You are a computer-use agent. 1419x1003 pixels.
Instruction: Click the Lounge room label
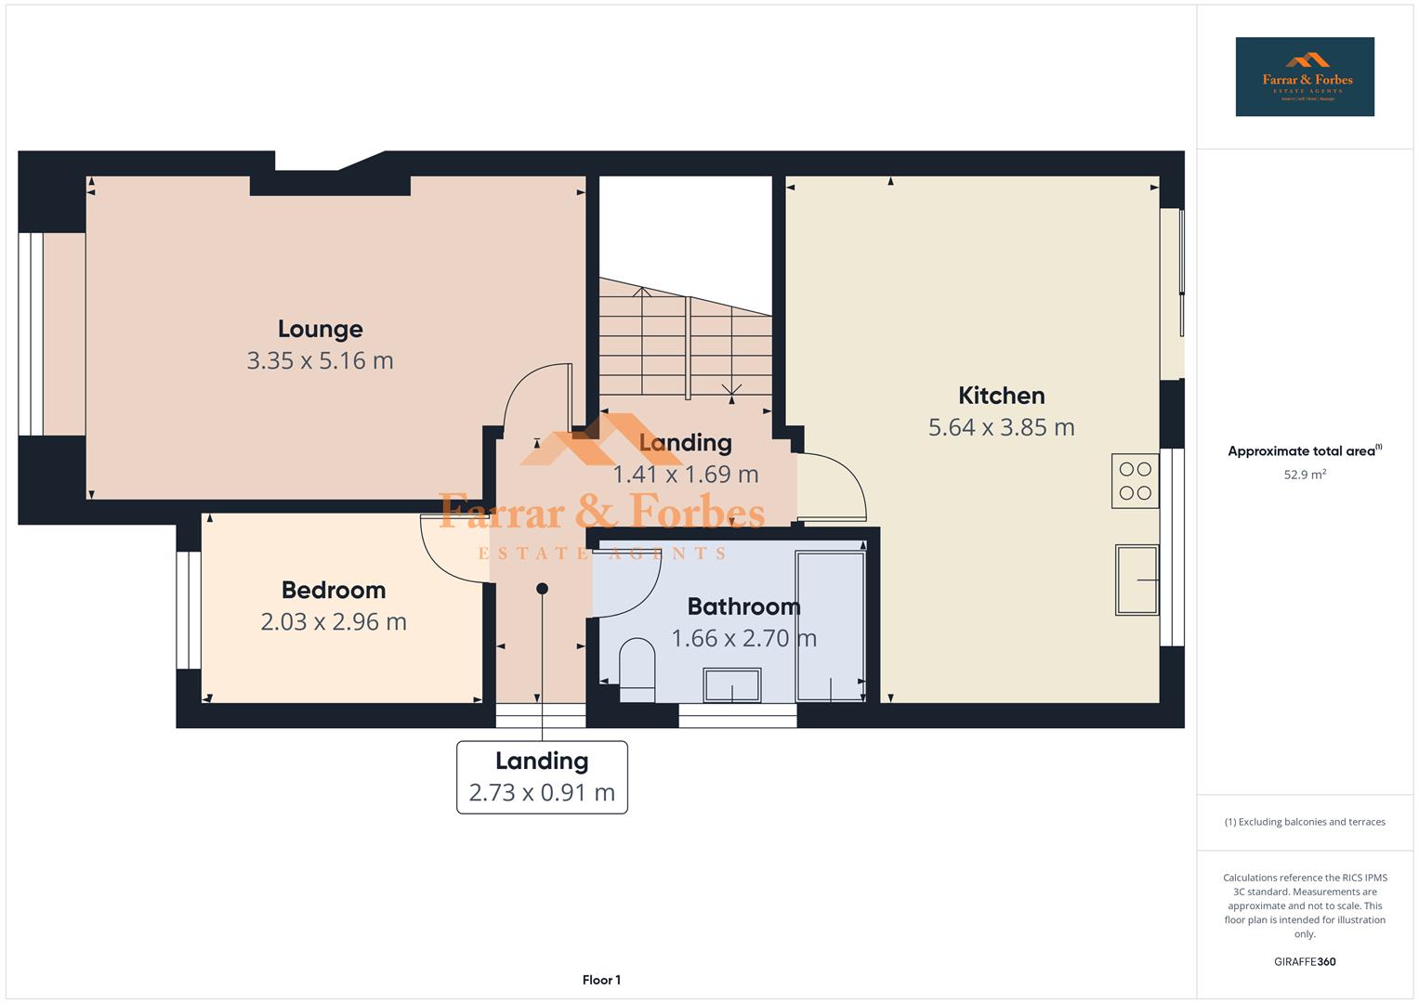(320, 329)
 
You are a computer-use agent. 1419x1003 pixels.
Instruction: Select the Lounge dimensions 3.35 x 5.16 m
(320, 360)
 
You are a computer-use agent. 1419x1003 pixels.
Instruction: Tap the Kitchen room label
(1001, 396)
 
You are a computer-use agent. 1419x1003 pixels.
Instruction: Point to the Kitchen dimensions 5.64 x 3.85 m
(1001, 427)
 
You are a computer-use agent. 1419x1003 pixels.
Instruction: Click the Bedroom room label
(333, 590)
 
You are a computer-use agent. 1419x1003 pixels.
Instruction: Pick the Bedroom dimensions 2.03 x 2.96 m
(333, 621)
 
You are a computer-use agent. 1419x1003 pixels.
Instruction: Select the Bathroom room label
(743, 606)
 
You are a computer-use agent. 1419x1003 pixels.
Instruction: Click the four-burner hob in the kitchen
(1135, 481)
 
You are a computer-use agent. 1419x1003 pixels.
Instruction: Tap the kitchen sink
(1137, 580)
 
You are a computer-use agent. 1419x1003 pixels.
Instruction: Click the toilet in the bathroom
(637, 670)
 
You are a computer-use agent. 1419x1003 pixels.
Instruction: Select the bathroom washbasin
(732, 685)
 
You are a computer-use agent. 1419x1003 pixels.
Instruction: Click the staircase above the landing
(685, 339)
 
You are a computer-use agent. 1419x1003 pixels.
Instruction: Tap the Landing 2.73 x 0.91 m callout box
(542, 777)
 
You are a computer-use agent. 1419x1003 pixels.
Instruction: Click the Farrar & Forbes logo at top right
(1304, 77)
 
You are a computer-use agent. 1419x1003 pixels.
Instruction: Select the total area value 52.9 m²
(1304, 475)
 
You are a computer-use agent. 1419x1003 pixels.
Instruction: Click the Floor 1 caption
(601, 980)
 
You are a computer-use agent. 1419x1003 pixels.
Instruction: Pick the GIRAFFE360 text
(1304, 961)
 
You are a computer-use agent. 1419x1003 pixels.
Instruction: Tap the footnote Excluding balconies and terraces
(1304, 822)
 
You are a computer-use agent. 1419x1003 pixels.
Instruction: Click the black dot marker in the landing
(542, 589)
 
